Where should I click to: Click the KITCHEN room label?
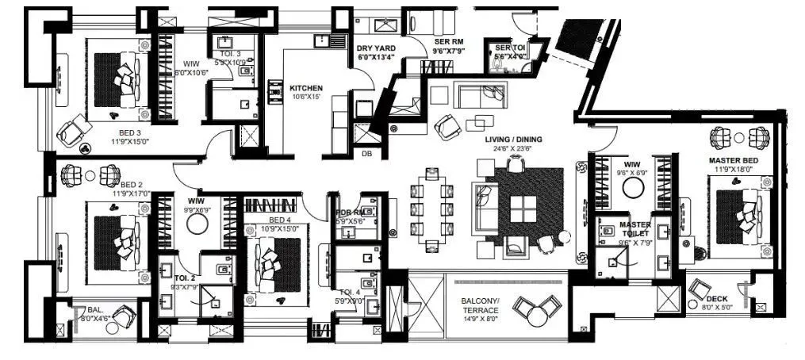tap(306, 87)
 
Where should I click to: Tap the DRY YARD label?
tap(376, 48)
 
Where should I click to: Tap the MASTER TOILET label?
tap(635, 229)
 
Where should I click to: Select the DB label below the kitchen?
tap(366, 154)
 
